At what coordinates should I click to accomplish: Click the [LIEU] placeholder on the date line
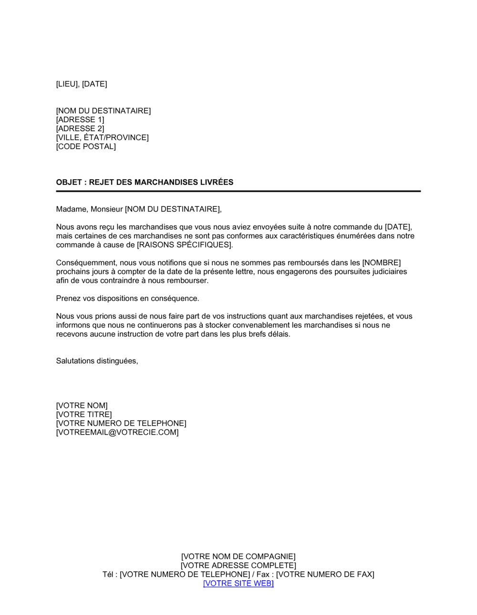point(67,84)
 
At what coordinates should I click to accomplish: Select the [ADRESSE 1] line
point(80,120)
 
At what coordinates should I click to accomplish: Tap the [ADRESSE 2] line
point(80,129)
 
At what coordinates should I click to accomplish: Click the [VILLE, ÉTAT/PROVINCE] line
point(103,138)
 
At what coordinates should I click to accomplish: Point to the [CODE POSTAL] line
point(86,146)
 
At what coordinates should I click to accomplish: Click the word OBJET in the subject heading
point(69,182)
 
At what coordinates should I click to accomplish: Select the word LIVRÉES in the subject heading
point(217,182)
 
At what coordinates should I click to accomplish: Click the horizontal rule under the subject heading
point(238,191)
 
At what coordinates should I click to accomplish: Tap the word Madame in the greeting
point(72,209)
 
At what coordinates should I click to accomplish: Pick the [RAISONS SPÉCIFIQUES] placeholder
point(185,245)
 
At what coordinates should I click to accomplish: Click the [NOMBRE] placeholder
point(382,263)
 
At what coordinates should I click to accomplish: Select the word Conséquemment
point(86,263)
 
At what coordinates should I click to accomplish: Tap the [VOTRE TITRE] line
point(84,415)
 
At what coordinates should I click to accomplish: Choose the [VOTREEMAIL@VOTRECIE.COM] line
point(117,432)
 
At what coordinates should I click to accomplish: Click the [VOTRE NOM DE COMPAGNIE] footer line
point(238,556)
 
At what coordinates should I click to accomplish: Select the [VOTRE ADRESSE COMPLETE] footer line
point(238,565)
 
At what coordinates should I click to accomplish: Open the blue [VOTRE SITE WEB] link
point(238,584)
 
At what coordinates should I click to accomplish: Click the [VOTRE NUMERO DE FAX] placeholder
point(325,574)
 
